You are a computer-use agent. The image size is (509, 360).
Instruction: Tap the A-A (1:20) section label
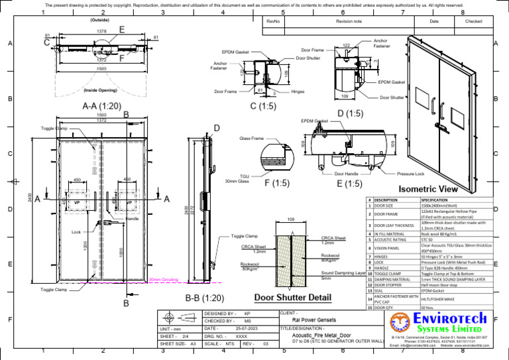point(101,105)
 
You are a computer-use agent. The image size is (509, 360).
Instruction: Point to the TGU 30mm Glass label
point(236,178)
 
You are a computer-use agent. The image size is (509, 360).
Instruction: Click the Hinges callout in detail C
point(298,92)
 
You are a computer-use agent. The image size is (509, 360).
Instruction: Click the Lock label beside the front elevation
point(76,233)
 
